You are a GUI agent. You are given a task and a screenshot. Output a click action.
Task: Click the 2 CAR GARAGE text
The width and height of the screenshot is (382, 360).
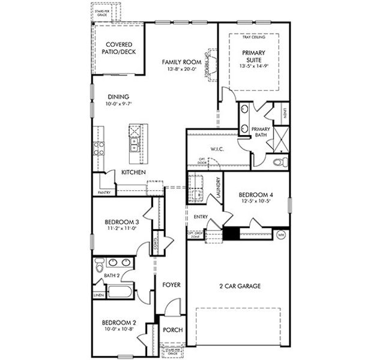click(x=239, y=286)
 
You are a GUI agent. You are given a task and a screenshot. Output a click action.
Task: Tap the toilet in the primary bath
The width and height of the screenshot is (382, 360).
click(x=277, y=162)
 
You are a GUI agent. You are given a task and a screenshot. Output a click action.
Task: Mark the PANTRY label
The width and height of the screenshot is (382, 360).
click(x=104, y=193)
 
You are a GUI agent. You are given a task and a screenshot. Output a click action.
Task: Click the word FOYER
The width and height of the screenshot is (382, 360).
click(x=172, y=285)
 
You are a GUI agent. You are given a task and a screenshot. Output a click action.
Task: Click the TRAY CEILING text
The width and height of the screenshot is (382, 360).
click(x=253, y=37)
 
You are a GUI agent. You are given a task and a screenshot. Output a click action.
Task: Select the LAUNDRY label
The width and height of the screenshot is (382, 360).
click(x=219, y=188)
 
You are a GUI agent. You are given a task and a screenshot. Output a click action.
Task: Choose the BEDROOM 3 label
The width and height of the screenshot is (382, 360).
click(x=118, y=222)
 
